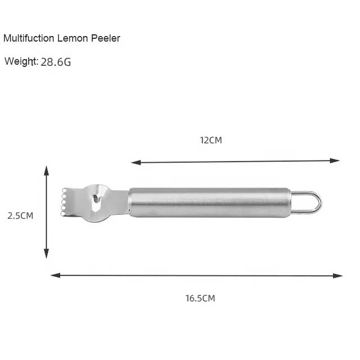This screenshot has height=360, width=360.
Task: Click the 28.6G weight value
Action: (56, 62)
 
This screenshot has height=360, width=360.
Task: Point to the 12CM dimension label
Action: (211, 140)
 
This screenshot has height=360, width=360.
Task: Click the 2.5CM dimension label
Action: (20, 215)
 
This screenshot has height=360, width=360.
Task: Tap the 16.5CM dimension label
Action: (200, 298)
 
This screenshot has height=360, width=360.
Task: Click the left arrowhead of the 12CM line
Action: (136, 163)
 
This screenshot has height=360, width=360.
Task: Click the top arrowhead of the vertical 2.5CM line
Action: (47, 170)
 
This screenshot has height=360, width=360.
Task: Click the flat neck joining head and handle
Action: (119, 200)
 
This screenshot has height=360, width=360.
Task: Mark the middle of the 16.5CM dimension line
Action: (196, 276)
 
